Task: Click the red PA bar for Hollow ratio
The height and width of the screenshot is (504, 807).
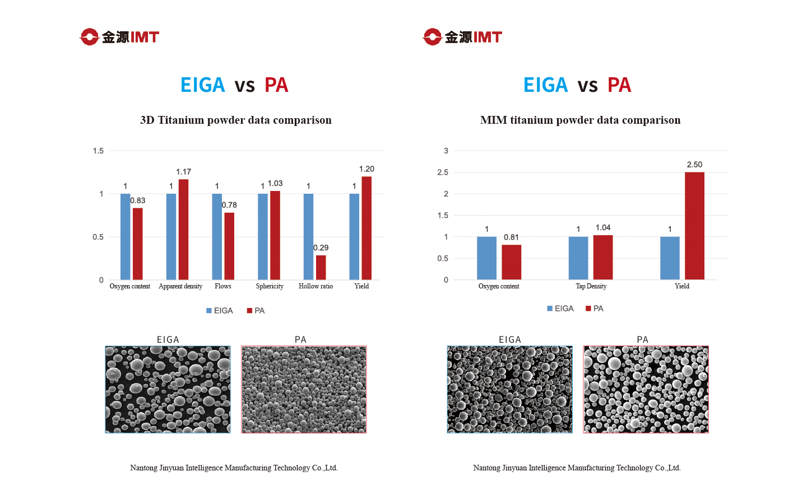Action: click(x=321, y=268)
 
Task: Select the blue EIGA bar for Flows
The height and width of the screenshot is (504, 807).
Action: click(x=217, y=237)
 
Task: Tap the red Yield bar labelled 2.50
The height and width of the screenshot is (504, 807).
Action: click(x=694, y=226)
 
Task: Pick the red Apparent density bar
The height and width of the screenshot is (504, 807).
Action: click(x=183, y=230)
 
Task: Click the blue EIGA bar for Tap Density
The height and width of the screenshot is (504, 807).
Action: click(x=578, y=258)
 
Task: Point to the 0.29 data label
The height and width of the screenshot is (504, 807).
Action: click(x=321, y=248)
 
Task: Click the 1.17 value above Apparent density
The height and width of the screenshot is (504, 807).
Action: click(x=183, y=172)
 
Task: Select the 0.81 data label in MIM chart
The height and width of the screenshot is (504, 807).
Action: click(x=511, y=237)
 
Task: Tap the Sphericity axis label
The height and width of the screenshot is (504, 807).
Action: click(x=270, y=286)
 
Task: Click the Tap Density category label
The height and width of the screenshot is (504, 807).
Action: click(x=591, y=286)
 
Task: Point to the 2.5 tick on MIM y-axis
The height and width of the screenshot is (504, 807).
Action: click(x=443, y=172)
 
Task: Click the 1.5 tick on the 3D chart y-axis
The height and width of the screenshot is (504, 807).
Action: click(x=98, y=151)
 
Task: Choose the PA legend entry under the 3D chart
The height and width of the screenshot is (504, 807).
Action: click(x=256, y=311)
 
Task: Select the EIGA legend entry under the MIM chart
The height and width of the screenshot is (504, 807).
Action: click(x=560, y=309)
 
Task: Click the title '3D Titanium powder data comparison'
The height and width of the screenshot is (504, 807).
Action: click(x=235, y=120)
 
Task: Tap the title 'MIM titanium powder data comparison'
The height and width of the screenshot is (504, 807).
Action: click(x=580, y=120)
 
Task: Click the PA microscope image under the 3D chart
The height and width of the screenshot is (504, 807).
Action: click(x=304, y=389)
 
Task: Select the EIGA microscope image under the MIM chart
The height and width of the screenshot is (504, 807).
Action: click(x=510, y=389)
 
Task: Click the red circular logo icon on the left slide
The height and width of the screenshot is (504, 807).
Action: click(x=89, y=37)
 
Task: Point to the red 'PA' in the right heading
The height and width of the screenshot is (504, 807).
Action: click(x=619, y=85)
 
